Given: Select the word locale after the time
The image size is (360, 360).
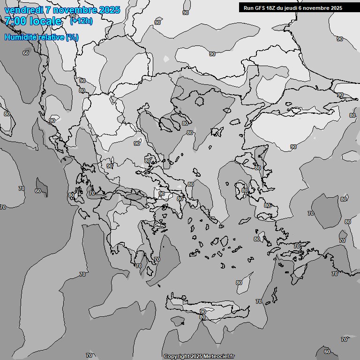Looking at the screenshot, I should (x=45, y=21).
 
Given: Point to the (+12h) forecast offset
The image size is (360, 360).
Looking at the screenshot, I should (x=81, y=21).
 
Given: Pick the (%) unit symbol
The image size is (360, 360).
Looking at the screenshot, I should (x=72, y=37).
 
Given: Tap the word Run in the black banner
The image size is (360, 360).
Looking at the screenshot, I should (x=249, y=8).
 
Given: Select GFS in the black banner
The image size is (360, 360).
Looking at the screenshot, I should (x=261, y=8).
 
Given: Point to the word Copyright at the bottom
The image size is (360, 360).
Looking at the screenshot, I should (x=177, y=357).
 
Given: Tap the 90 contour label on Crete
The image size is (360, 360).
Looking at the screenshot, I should (x=203, y=311).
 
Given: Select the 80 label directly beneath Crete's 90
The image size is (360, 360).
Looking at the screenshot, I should (x=202, y=317).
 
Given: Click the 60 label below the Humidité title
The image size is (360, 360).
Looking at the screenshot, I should (x=26, y=53).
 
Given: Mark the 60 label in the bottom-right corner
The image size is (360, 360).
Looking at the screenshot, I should (x=327, y=352).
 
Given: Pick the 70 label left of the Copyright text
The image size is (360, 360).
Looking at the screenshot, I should (x=89, y=355).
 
